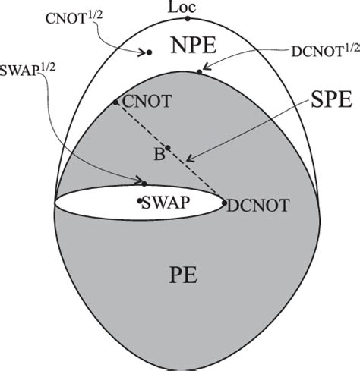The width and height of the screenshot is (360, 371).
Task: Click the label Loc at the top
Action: click(x=187, y=7)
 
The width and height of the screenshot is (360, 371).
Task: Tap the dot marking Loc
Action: click(x=188, y=17)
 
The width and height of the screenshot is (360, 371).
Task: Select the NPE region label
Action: click(x=193, y=47)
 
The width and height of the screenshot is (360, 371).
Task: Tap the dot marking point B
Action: click(x=168, y=148)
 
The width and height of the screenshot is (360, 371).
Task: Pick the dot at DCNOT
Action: click(x=223, y=203)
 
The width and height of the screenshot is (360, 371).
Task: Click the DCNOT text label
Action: click(x=253, y=203)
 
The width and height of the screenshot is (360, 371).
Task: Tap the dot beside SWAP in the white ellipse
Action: click(x=140, y=200)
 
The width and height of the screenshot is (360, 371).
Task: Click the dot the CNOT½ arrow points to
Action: click(x=149, y=52)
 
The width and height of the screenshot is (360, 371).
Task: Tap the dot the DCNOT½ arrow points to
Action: click(x=200, y=72)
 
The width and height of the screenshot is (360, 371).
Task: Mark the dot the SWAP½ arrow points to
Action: click(x=144, y=183)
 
